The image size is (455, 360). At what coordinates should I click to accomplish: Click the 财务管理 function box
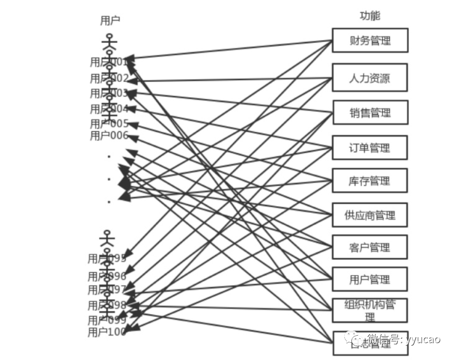[370, 41]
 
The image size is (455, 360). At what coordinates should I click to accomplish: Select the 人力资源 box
[370, 78]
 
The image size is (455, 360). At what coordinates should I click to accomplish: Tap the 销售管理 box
[370, 113]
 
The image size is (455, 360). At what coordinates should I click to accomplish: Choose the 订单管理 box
[370, 148]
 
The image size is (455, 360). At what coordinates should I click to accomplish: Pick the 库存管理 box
[370, 181]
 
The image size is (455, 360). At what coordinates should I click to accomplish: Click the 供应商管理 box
[370, 215]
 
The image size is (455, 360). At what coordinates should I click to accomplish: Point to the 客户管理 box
[370, 247]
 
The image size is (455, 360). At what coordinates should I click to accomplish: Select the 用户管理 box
[370, 280]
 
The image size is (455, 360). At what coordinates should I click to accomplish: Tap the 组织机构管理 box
[370, 310]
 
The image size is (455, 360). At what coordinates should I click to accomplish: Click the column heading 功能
[370, 16]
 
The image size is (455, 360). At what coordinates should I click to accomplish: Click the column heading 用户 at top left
[110, 20]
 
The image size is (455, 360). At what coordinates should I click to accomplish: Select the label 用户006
[109, 136]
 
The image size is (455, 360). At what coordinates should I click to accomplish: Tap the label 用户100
[107, 332]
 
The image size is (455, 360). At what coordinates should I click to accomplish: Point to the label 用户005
[109, 123]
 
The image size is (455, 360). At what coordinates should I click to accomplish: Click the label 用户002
[109, 78]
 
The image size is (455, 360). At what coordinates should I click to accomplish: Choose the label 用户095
[107, 258]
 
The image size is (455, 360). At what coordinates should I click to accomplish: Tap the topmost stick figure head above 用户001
[109, 37]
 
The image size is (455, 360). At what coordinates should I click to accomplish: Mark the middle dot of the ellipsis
[109, 179]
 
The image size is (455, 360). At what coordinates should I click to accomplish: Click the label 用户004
[109, 109]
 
